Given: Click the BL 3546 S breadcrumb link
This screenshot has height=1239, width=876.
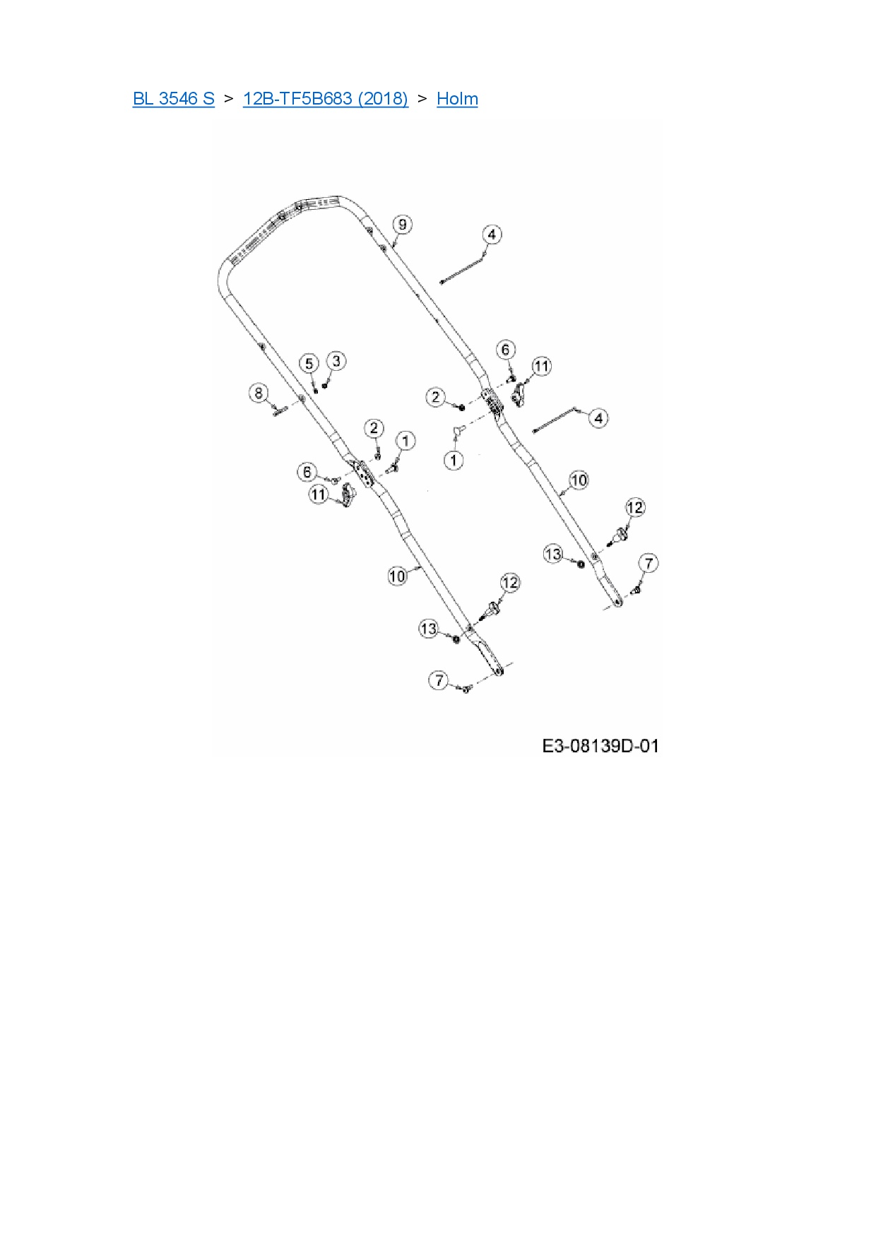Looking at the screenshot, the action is [173, 98].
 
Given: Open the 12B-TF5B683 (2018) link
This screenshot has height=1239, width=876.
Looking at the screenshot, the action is [325, 98].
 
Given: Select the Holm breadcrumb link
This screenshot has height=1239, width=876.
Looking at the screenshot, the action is [457, 98].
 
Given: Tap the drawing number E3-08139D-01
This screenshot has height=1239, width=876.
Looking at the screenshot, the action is [600, 746].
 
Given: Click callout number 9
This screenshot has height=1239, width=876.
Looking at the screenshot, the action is [402, 225].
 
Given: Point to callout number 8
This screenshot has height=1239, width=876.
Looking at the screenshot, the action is [259, 393].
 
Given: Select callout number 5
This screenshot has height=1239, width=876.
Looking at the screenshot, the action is [309, 364].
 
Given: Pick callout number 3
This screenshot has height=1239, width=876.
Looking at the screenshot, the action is [336, 361].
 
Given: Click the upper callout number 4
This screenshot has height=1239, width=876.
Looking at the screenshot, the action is [492, 235].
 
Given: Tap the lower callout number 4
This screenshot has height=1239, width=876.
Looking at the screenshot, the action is [598, 417].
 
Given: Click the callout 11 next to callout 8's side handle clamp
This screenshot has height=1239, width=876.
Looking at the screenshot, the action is [319, 494].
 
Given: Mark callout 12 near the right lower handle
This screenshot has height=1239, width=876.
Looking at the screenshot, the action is [635, 507].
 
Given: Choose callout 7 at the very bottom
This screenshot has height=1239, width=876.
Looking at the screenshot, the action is [439, 680].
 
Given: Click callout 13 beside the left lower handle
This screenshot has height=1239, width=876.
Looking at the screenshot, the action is [429, 628].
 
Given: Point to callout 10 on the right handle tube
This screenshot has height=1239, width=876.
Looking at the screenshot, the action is [579, 480].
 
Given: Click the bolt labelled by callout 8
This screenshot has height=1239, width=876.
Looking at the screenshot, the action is [277, 410].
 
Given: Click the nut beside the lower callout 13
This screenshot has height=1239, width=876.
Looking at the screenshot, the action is [456, 639].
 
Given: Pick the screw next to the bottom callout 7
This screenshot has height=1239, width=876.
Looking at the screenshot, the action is [465, 689].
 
